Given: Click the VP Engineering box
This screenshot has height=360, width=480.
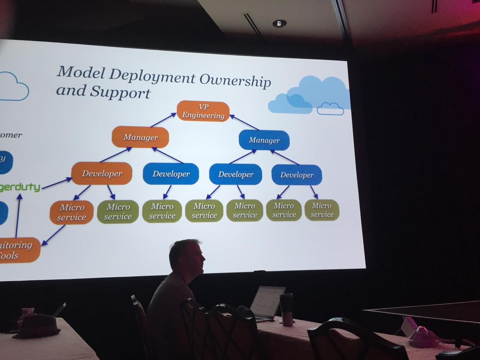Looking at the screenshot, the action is (203, 111).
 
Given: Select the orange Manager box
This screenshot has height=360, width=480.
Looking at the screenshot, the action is (140, 137).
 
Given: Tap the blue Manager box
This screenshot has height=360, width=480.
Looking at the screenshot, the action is (264, 140).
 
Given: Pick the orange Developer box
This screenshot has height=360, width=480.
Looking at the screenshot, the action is (102, 174).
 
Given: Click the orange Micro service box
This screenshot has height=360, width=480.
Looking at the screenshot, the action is (71, 212).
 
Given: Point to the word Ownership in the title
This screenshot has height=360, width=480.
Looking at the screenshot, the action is (235, 80).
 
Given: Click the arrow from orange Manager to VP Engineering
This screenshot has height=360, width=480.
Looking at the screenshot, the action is (163, 120).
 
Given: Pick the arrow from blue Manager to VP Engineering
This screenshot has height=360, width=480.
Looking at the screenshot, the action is (245, 122).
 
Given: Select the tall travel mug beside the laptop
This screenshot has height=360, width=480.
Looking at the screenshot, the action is (287, 309).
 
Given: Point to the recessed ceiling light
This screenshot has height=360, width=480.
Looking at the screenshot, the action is (279, 24).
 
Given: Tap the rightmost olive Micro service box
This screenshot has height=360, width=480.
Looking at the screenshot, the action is (322, 210).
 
